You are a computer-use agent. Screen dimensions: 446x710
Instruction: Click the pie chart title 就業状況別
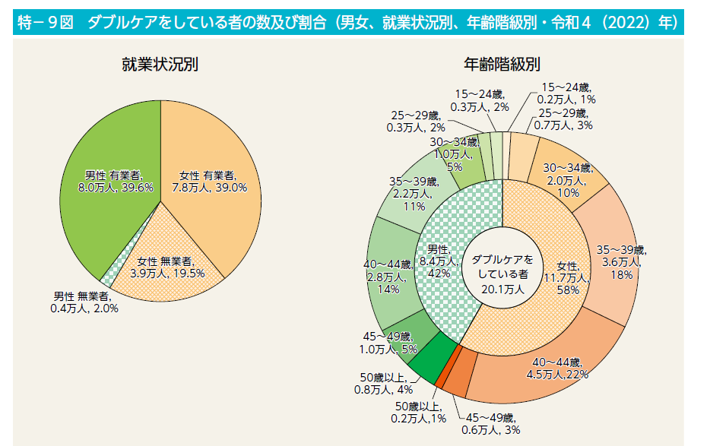pos(160,64)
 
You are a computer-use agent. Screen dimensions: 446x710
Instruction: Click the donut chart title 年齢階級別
pos(502,64)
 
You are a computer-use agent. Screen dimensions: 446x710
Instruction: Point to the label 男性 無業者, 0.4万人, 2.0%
pos(85,302)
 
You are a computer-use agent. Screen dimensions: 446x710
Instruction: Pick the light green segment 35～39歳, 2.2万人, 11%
pos(410,194)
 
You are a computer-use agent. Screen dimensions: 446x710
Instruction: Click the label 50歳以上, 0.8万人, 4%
pos(385,384)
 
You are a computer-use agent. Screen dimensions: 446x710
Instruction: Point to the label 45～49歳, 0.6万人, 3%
pos(490,425)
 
